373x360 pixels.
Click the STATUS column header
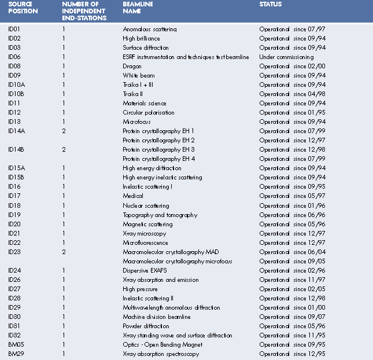tap(271, 5)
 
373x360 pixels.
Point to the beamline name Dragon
tap(132, 66)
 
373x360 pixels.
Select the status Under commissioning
tap(286, 57)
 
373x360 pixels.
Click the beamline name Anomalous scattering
tap(150, 29)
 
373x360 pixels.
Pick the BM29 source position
tap(16, 354)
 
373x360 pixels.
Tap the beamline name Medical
tap(133, 196)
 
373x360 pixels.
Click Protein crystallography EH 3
tap(158, 149)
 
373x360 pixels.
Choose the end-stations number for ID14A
tap(64, 131)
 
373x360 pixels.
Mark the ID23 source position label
tap(14, 252)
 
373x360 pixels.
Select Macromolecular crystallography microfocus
tap(178, 261)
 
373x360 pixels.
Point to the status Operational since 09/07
tap(287, 317)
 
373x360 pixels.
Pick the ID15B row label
tap(16, 177)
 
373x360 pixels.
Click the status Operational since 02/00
tap(287, 66)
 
